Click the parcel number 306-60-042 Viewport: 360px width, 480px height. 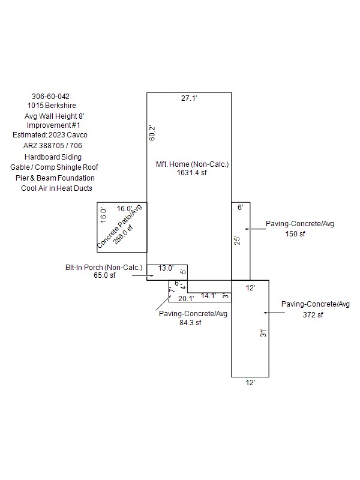click(50, 97)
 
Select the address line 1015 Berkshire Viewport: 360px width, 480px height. click(52, 106)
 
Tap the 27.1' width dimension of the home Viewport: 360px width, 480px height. click(189, 98)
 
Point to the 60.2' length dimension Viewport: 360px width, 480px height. click(152, 133)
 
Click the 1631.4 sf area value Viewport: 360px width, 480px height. click(191, 173)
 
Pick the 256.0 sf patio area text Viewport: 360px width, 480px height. click(123, 235)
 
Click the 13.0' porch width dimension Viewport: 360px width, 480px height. click(166, 268)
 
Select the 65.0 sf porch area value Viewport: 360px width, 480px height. click(104, 275)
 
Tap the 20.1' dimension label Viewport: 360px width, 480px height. click(186, 298)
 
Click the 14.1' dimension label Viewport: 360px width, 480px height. click(208, 296)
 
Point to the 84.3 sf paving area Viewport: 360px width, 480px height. click(190, 323)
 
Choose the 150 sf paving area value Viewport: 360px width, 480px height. click(295, 234)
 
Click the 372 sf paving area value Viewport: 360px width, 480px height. click(313, 314)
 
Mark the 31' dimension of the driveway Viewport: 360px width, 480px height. click(263, 333)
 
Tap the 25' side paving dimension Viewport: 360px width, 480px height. click(237, 241)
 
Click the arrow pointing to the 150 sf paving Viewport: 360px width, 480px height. click(256, 229)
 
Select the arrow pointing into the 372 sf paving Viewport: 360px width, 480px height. click(274, 313)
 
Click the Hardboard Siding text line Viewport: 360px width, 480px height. click(53, 157)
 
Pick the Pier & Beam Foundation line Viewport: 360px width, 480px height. click(55, 178)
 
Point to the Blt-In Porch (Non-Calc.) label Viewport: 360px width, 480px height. click(104, 268)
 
